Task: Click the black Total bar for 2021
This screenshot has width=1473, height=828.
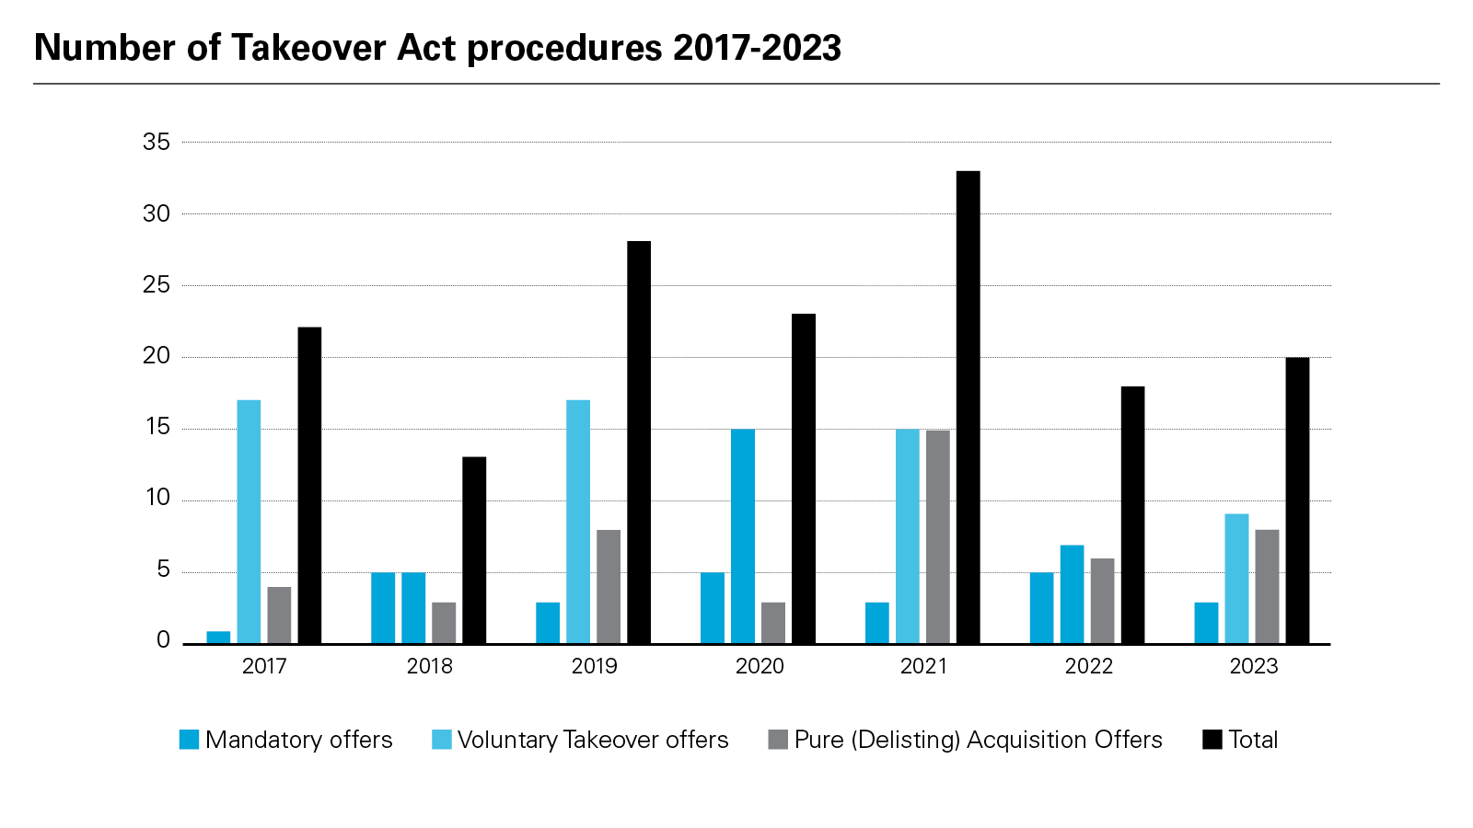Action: click(968, 407)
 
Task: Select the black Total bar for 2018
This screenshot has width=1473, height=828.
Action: click(474, 550)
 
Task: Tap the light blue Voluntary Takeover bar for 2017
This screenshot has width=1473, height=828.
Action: click(249, 522)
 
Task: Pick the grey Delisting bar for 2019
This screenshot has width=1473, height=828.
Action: click(609, 586)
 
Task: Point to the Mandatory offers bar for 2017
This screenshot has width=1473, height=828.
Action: click(218, 637)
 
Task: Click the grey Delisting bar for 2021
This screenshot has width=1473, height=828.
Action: click(938, 536)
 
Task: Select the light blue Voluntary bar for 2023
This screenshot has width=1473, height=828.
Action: click(1236, 579)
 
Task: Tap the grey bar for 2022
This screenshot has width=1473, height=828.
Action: click(1102, 601)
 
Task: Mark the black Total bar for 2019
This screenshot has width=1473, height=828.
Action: click(639, 442)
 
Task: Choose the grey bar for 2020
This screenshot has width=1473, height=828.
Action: click(773, 623)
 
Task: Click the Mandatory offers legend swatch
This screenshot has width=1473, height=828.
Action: click(189, 740)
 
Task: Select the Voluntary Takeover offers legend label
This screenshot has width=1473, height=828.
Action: click(592, 740)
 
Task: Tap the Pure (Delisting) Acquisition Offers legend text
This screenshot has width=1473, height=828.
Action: click(978, 740)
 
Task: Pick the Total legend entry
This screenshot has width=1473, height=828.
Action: click(1253, 740)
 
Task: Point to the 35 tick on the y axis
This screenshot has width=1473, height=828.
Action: click(157, 142)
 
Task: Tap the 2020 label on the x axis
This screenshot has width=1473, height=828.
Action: click(760, 666)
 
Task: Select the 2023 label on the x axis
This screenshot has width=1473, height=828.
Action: click(1254, 666)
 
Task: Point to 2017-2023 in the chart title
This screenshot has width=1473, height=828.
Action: click(757, 48)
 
